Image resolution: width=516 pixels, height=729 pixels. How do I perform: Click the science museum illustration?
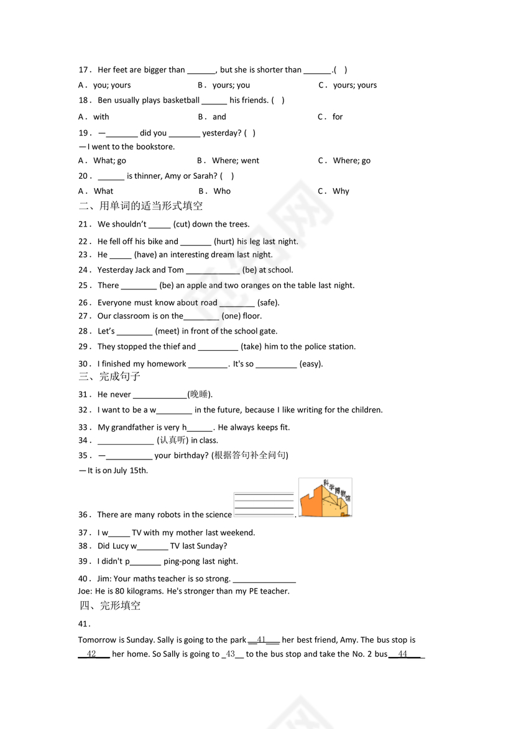[x=325, y=497]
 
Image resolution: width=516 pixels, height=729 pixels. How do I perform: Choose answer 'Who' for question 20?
[x=222, y=191]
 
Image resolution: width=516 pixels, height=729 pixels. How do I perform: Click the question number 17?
[x=85, y=70]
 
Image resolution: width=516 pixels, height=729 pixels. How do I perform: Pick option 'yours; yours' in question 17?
[x=354, y=86]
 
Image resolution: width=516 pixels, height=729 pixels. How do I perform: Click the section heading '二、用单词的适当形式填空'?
[x=141, y=206]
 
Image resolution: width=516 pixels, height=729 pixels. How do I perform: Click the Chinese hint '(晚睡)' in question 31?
[x=200, y=395]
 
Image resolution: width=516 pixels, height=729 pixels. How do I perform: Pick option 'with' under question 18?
[x=101, y=117]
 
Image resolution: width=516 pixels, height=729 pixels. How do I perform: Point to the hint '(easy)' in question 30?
[x=311, y=364]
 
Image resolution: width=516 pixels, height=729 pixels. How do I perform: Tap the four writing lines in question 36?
[x=264, y=504]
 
